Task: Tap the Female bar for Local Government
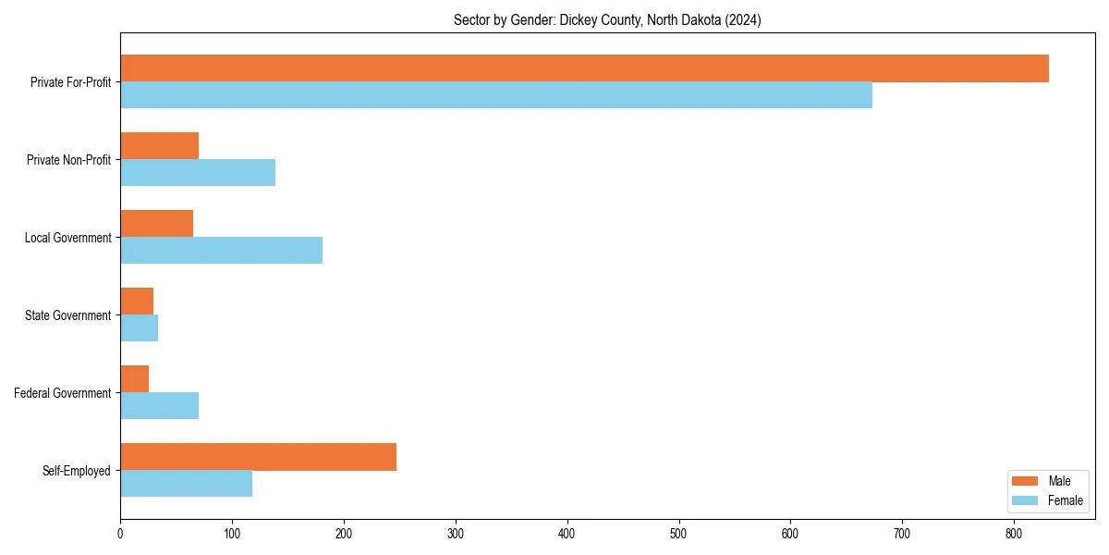tap(222, 251)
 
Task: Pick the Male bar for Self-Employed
tap(258, 457)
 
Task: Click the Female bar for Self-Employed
tap(186, 484)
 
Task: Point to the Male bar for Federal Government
tap(135, 379)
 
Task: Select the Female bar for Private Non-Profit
tap(198, 173)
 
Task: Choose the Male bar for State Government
tap(137, 302)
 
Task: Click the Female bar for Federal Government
tap(159, 406)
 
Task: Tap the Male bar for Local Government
tap(156, 224)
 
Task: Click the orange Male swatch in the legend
tap(1026, 481)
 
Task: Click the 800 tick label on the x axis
tap(1014, 534)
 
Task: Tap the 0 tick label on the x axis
tap(120, 534)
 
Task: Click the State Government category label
tap(67, 315)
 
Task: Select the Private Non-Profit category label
tap(68, 160)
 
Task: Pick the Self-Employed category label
tap(77, 471)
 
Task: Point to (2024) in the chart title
tap(742, 20)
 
